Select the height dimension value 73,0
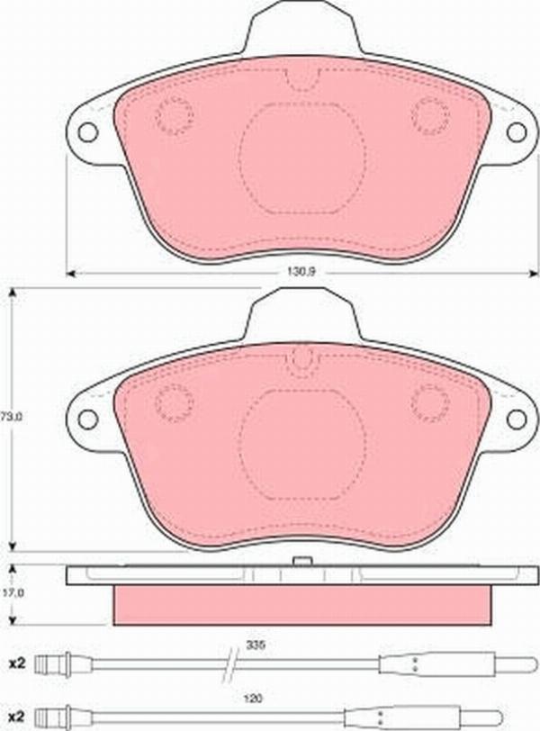[x=10, y=417]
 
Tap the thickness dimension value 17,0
[x=10, y=593]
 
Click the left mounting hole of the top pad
[x=87, y=131]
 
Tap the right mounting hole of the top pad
[x=516, y=131]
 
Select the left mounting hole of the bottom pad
[x=87, y=419]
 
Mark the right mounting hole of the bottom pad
[x=516, y=419]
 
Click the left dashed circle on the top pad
[x=174, y=114]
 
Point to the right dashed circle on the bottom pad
[x=429, y=401]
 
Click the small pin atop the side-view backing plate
[x=303, y=563]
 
